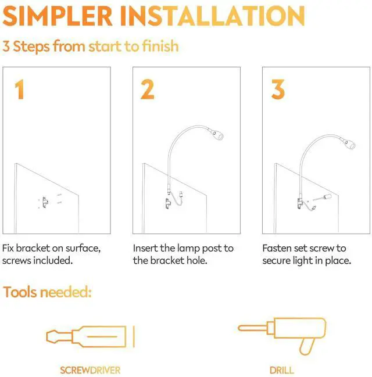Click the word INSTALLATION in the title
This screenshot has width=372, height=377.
coord(214,17)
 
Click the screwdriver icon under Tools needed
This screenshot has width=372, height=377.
coord(87,336)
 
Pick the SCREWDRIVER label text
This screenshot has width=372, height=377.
coord(90,369)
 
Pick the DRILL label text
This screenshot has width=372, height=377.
coord(281,369)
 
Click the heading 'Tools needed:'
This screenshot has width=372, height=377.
coord(47,292)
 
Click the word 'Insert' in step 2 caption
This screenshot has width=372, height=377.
coord(146,248)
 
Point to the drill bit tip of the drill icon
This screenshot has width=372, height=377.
coord(241,328)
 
